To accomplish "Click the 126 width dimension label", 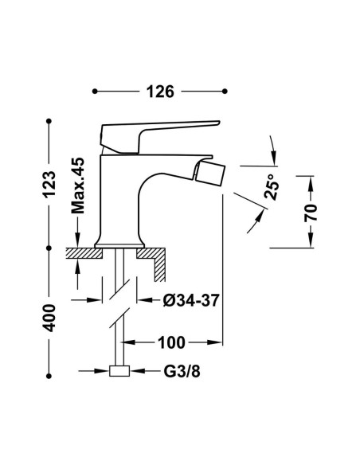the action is pyautogui.click(x=160, y=92).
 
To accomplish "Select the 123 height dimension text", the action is pyautogui.click(x=49, y=184).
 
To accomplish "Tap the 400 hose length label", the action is pyautogui.click(x=49, y=318).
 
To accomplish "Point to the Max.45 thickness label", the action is pyautogui.click(x=78, y=186).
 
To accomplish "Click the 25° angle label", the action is pyautogui.click(x=272, y=186).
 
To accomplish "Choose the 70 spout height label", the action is pyautogui.click(x=311, y=213).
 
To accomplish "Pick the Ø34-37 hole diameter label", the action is pyautogui.click(x=191, y=300).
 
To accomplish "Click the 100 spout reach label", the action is pyautogui.click(x=171, y=342).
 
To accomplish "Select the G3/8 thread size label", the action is pyautogui.click(x=182, y=371).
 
